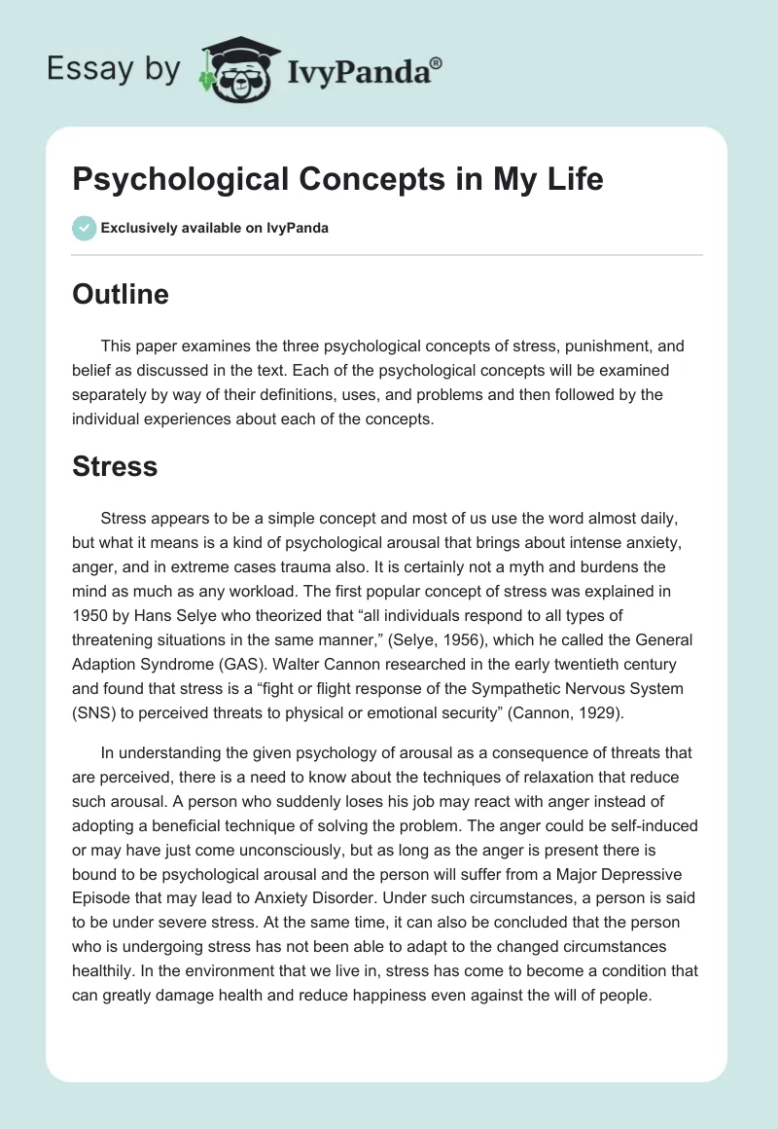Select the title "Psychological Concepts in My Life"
tap(337, 180)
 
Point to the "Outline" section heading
tap(121, 294)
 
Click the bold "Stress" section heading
tap(115, 466)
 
